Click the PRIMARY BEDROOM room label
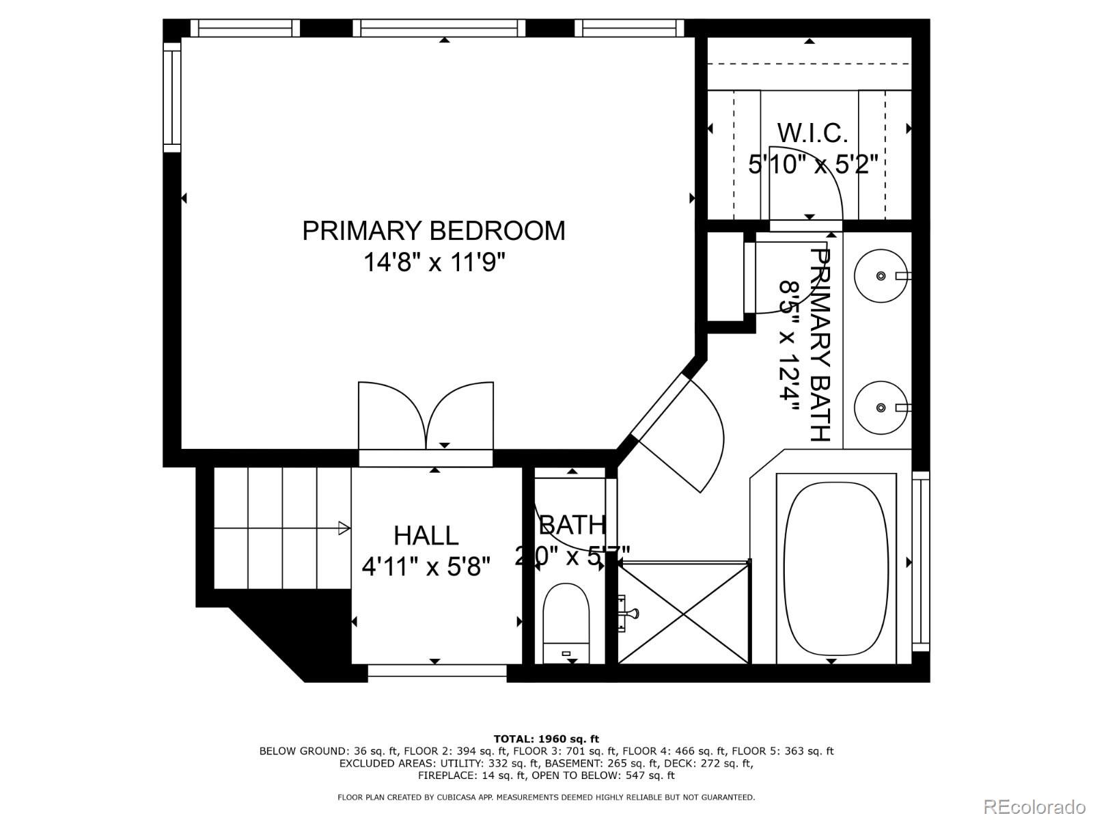(433, 231)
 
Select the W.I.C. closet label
(812, 133)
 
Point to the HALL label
(426, 535)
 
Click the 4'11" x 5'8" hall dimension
(426, 566)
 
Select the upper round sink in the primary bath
(881, 275)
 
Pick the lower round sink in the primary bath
(881, 407)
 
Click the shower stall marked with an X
(684, 612)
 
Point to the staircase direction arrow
(344, 528)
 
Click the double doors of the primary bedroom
(426, 417)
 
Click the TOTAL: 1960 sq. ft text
(546, 739)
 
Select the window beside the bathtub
(920, 560)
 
